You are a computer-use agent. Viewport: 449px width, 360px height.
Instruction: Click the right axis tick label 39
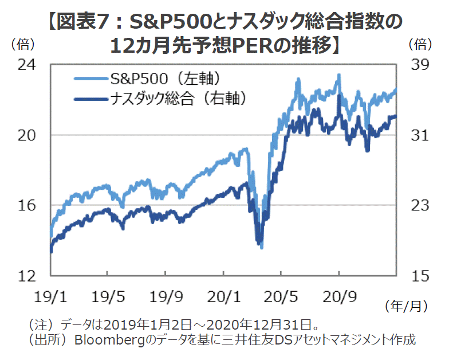click(x=419, y=64)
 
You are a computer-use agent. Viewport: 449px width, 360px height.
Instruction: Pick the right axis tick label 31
click(x=419, y=135)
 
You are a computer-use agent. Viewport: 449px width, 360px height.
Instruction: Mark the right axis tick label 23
click(x=419, y=205)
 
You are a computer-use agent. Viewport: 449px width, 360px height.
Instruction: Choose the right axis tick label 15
click(x=419, y=276)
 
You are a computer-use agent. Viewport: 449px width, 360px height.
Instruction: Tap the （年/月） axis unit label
click(x=405, y=306)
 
